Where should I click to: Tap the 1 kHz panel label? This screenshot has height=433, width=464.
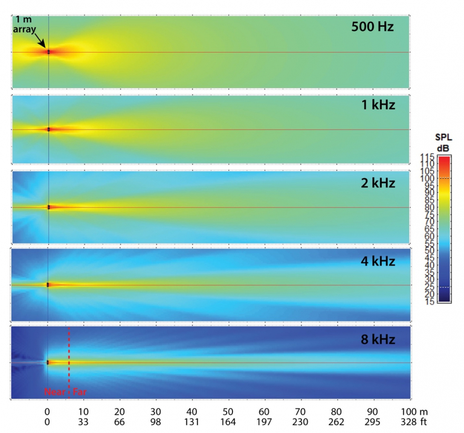[x=378, y=105]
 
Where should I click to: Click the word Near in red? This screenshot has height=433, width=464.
[x=54, y=392]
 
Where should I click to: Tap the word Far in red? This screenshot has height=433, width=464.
[x=79, y=392]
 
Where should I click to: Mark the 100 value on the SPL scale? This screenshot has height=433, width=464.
[x=427, y=178]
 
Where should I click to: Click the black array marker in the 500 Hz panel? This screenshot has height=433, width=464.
[x=49, y=52]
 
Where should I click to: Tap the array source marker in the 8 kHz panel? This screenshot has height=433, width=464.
[x=47, y=362]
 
